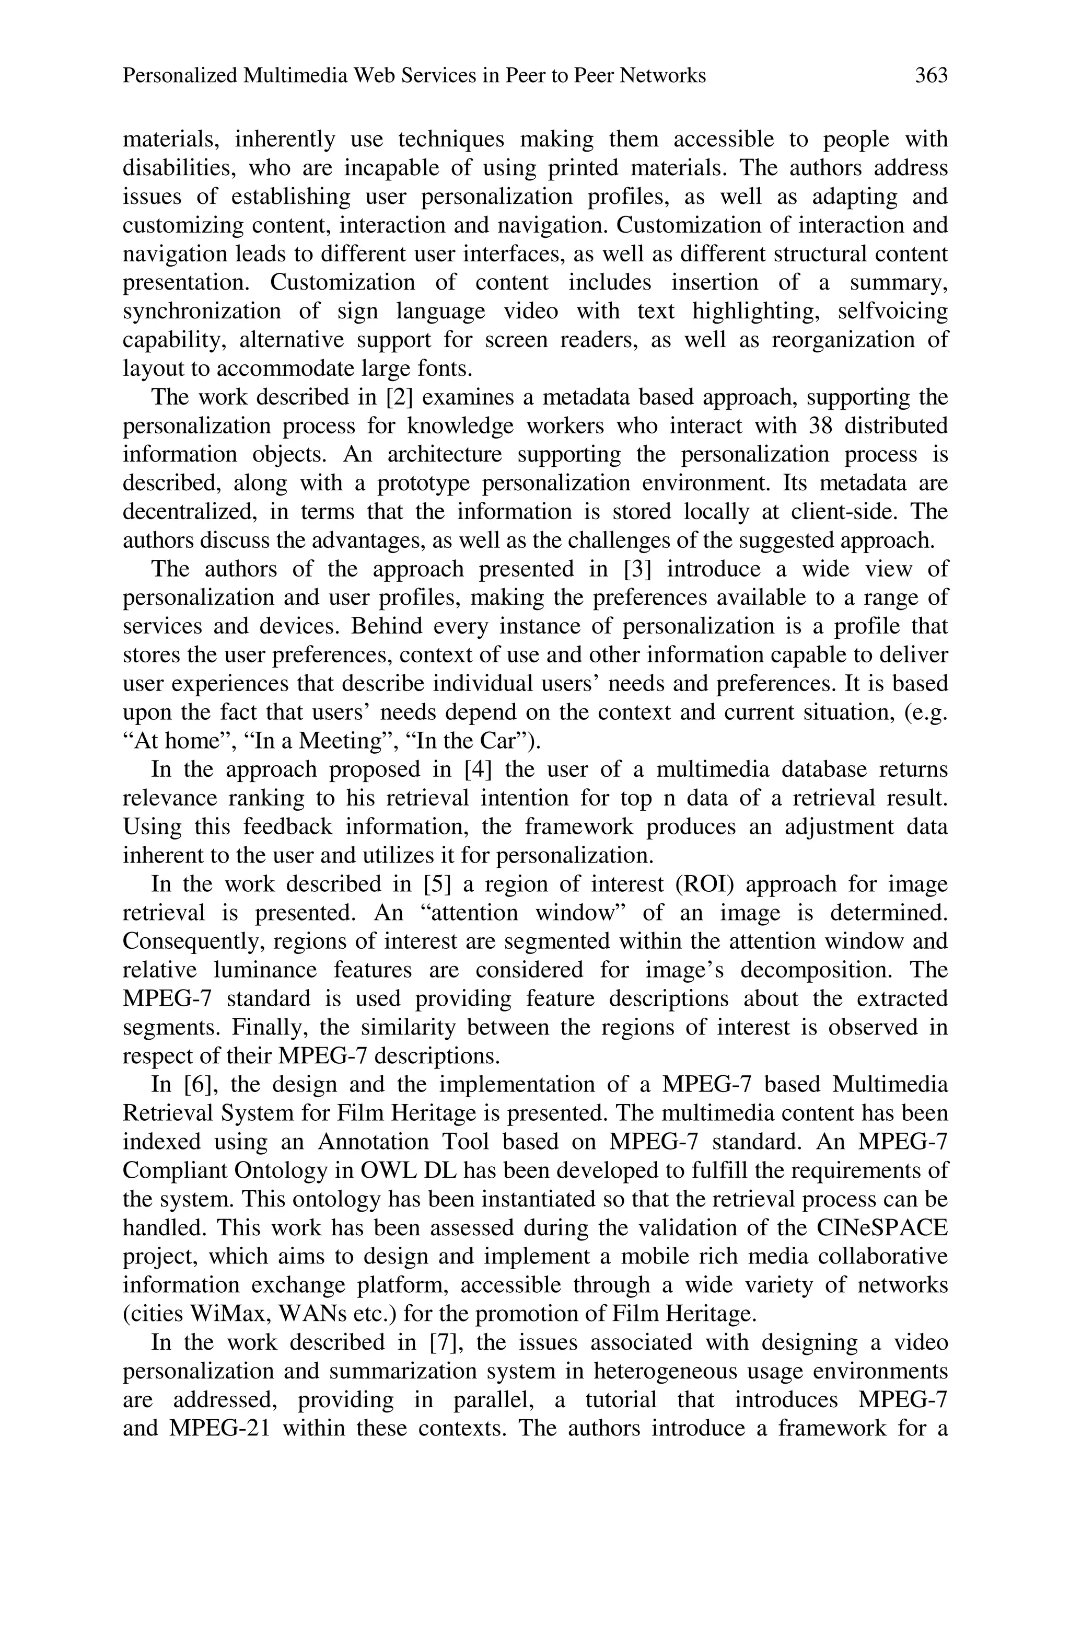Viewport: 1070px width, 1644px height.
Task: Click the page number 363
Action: click(931, 75)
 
